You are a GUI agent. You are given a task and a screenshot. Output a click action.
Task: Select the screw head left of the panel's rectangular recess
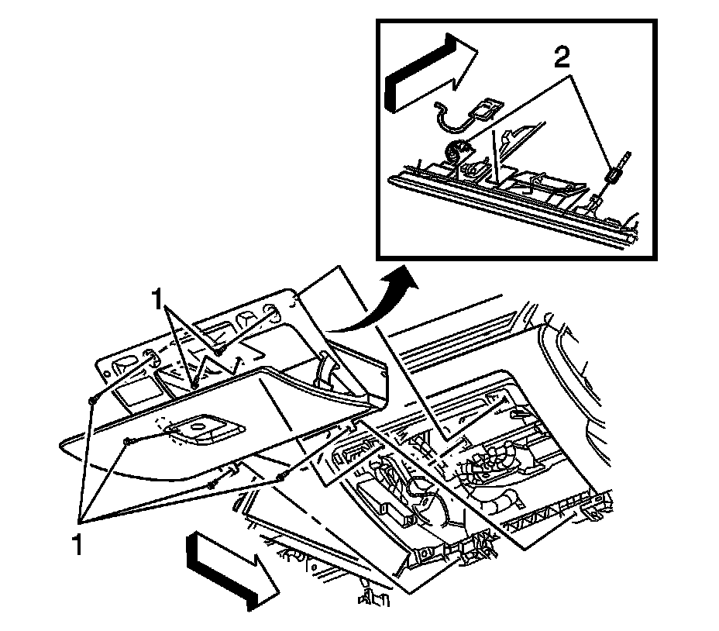point(128,442)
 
